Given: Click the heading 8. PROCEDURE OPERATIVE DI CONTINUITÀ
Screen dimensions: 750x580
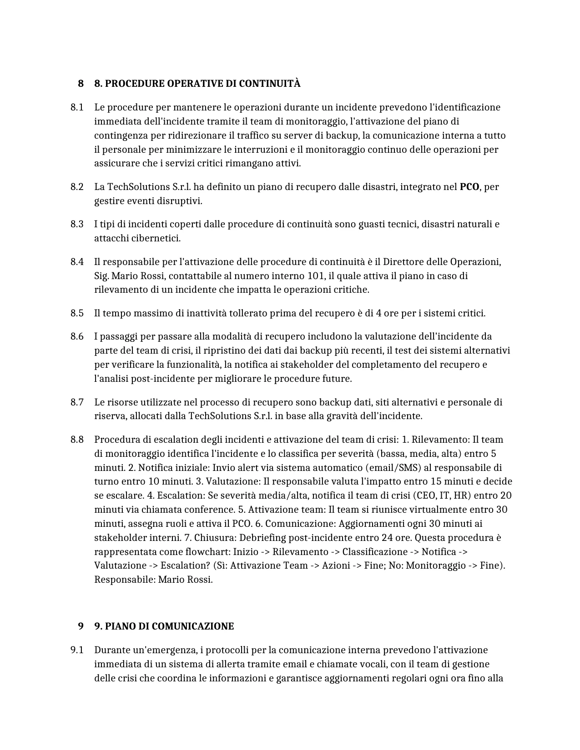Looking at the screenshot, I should coord(197,84).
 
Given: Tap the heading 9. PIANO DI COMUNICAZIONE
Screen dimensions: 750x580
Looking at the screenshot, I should coord(164,626).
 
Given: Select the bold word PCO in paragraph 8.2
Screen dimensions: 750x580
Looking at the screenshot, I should coord(469,187).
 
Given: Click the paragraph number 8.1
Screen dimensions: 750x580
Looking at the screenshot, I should coord(77,107).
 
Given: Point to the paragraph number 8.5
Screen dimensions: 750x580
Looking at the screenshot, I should coord(77,313).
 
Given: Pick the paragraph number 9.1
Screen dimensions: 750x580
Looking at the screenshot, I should coord(77,650).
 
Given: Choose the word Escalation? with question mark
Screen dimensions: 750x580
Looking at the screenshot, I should coord(186,566).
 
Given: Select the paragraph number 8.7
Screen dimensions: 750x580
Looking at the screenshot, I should coord(77,402).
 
